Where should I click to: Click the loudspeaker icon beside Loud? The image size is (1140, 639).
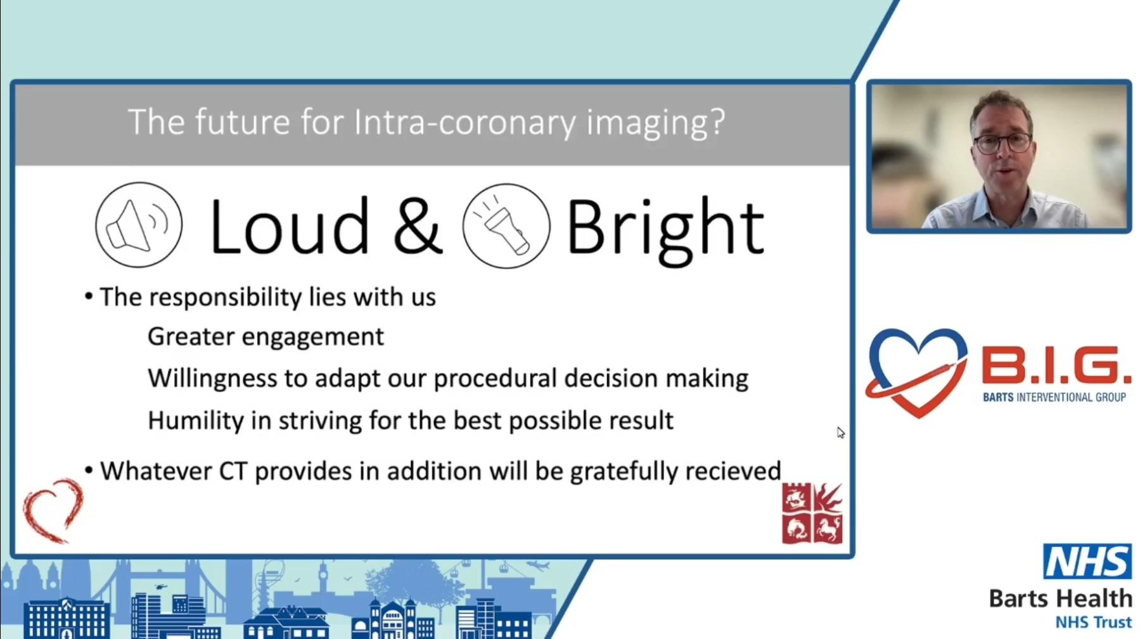point(139,225)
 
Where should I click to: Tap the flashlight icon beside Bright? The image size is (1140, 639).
point(506,226)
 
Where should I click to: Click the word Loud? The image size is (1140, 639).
point(289,227)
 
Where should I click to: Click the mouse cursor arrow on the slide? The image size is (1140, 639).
point(840,433)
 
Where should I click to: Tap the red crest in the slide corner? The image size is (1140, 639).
point(812,513)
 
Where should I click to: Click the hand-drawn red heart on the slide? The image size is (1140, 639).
point(53,510)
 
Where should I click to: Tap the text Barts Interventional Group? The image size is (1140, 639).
point(1054,398)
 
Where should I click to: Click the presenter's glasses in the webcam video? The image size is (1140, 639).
point(1002,142)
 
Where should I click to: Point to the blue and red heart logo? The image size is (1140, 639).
point(917,372)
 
